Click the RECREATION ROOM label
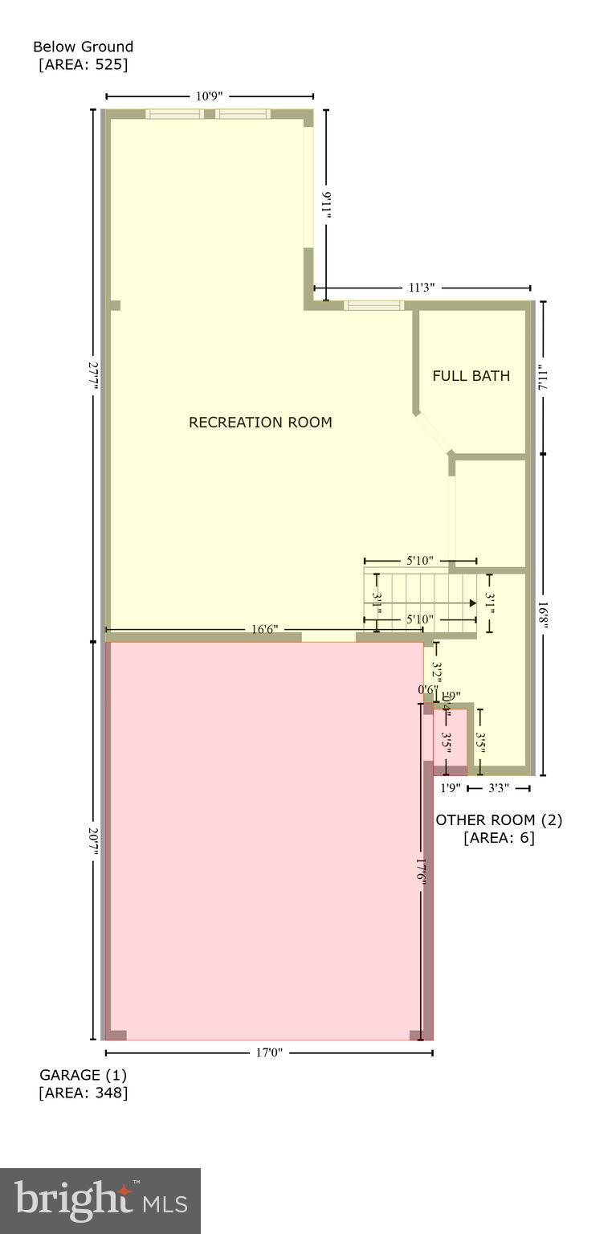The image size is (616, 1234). click(x=259, y=423)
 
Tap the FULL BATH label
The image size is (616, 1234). click(x=471, y=376)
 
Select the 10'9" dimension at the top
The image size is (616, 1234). click(x=209, y=96)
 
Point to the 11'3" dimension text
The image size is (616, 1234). click(x=422, y=288)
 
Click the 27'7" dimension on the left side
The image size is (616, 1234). click(x=94, y=376)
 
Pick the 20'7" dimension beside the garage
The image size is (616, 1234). click(x=94, y=841)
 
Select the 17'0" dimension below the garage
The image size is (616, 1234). click(x=269, y=1052)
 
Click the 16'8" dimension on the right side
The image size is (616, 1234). click(x=544, y=615)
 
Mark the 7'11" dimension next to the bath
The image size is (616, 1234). click(x=544, y=376)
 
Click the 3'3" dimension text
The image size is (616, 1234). click(x=498, y=788)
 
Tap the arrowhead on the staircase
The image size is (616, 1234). click(x=472, y=603)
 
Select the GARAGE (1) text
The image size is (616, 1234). click(x=83, y=1075)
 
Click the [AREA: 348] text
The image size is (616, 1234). click(x=83, y=1093)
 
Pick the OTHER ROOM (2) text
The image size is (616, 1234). click(x=499, y=820)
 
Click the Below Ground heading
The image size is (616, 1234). click(x=83, y=47)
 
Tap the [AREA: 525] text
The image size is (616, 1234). click(x=83, y=64)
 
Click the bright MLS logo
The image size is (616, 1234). click(x=100, y=1200)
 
